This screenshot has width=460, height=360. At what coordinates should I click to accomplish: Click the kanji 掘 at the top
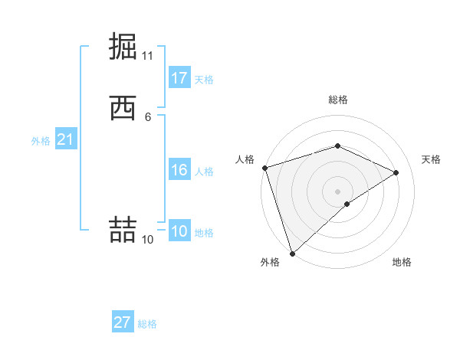(123, 45)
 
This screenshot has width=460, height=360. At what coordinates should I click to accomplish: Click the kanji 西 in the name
(123, 108)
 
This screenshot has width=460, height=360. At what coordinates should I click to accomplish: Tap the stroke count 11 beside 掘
(147, 56)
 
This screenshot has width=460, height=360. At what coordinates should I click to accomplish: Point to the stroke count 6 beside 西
(147, 116)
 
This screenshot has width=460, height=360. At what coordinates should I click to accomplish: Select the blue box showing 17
(179, 78)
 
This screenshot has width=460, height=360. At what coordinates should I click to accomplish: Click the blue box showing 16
(179, 170)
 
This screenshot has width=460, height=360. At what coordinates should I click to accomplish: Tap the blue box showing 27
(123, 322)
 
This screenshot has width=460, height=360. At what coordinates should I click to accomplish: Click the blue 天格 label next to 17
(203, 80)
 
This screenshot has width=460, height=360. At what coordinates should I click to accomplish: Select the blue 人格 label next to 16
(203, 172)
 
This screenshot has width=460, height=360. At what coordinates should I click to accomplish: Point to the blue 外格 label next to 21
(41, 141)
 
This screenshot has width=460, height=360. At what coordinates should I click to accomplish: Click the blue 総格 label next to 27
(147, 324)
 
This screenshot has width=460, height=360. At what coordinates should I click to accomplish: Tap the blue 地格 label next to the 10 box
(203, 233)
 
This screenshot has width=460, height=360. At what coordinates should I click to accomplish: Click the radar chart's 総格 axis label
(337, 100)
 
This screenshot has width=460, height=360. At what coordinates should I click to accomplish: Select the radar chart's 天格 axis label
(431, 159)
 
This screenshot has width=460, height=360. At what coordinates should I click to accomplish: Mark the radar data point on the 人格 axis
(264, 167)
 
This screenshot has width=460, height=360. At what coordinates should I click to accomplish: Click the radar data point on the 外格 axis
(292, 253)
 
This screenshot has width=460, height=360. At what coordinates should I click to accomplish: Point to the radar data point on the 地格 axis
(347, 204)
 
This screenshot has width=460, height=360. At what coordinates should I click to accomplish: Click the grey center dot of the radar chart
(337, 191)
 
